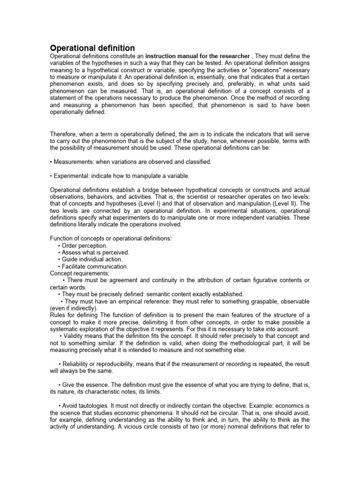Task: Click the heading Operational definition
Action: [x=92, y=48]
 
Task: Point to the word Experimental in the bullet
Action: [x=73, y=176]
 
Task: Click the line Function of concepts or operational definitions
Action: [x=111, y=238]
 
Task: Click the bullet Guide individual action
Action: [x=92, y=259]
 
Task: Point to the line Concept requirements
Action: [x=80, y=273]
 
